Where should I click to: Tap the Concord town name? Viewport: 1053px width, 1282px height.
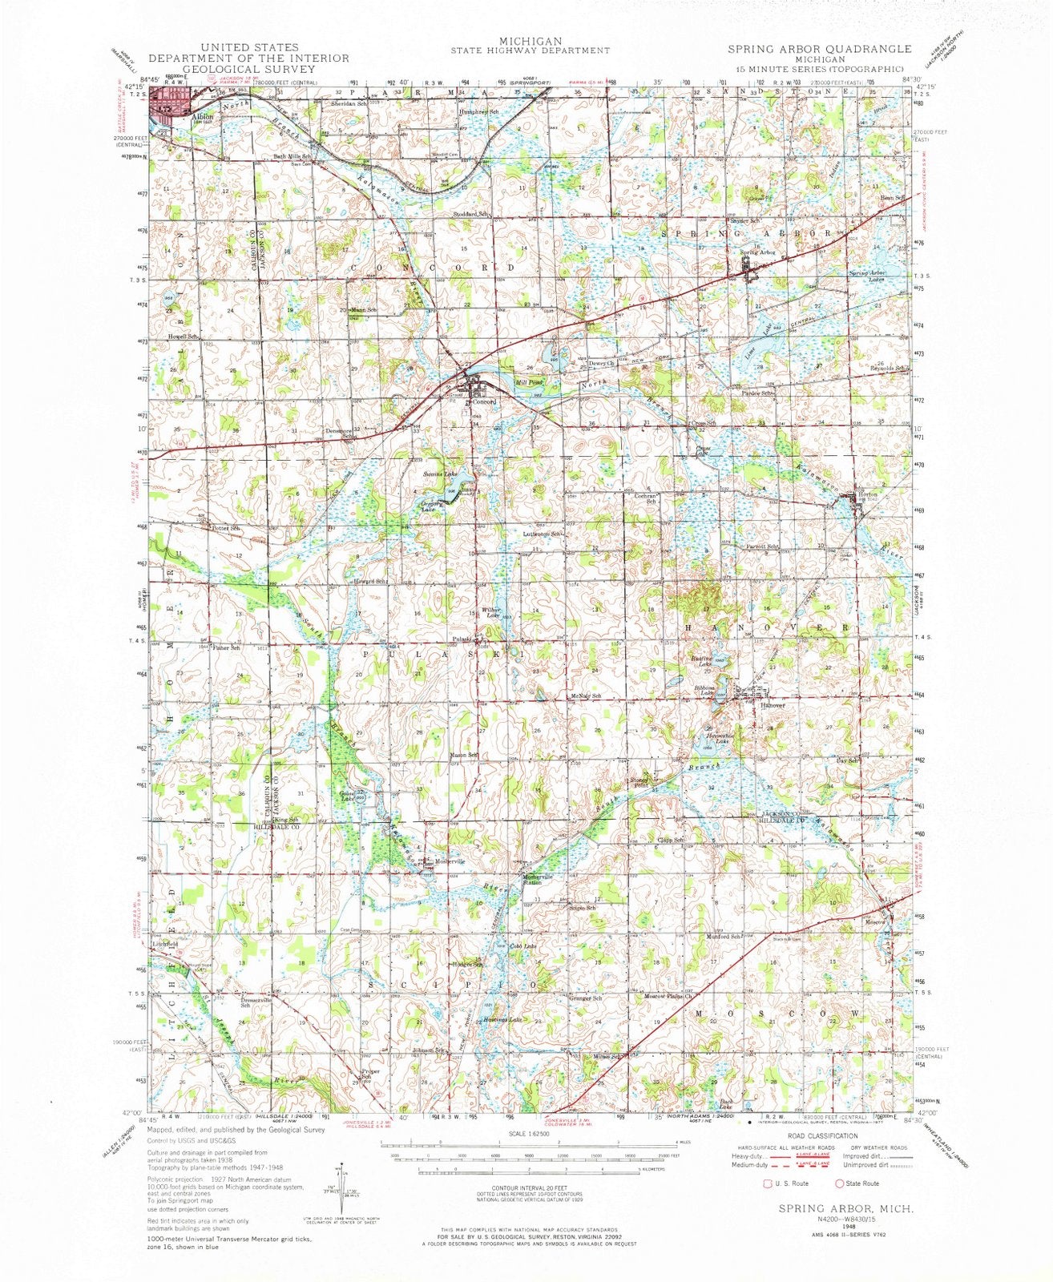486,401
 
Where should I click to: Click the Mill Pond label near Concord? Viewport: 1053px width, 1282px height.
530,382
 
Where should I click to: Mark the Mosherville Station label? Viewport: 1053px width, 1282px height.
538,878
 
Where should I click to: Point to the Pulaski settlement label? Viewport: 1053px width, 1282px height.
462,639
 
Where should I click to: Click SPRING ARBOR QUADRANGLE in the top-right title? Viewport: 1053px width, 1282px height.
818,49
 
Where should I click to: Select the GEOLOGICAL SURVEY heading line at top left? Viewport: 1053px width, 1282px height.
248,69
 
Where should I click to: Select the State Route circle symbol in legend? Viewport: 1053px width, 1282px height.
839,1183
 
